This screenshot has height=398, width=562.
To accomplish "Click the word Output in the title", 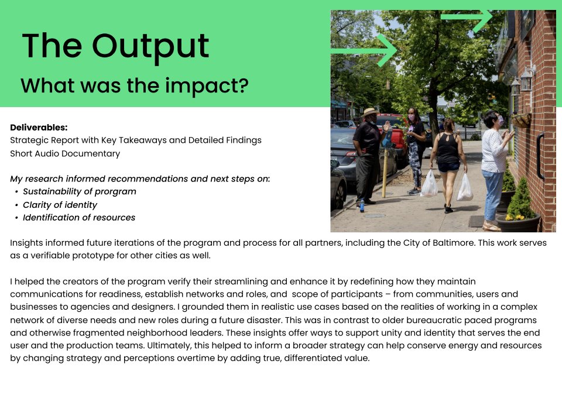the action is click(x=150, y=46).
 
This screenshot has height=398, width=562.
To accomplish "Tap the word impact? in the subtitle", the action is click(x=207, y=86).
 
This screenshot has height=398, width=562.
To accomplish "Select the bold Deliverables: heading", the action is click(x=39, y=128).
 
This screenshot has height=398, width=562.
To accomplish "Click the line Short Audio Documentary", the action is click(x=65, y=154).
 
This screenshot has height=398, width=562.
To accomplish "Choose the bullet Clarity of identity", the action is click(x=60, y=205).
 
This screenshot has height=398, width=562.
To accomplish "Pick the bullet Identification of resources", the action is click(x=79, y=218).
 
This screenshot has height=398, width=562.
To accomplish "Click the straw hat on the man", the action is click(x=369, y=112).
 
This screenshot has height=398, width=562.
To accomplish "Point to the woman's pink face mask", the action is click(x=412, y=117).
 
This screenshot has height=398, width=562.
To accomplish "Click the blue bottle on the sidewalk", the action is click(x=362, y=205).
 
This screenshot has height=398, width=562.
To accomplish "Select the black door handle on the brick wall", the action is click(x=540, y=156).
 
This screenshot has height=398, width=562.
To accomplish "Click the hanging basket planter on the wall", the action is click(x=521, y=120).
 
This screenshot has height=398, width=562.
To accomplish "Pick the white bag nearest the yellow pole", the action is click(x=429, y=184).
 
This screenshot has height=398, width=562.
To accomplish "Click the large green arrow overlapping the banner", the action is click(x=364, y=50).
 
